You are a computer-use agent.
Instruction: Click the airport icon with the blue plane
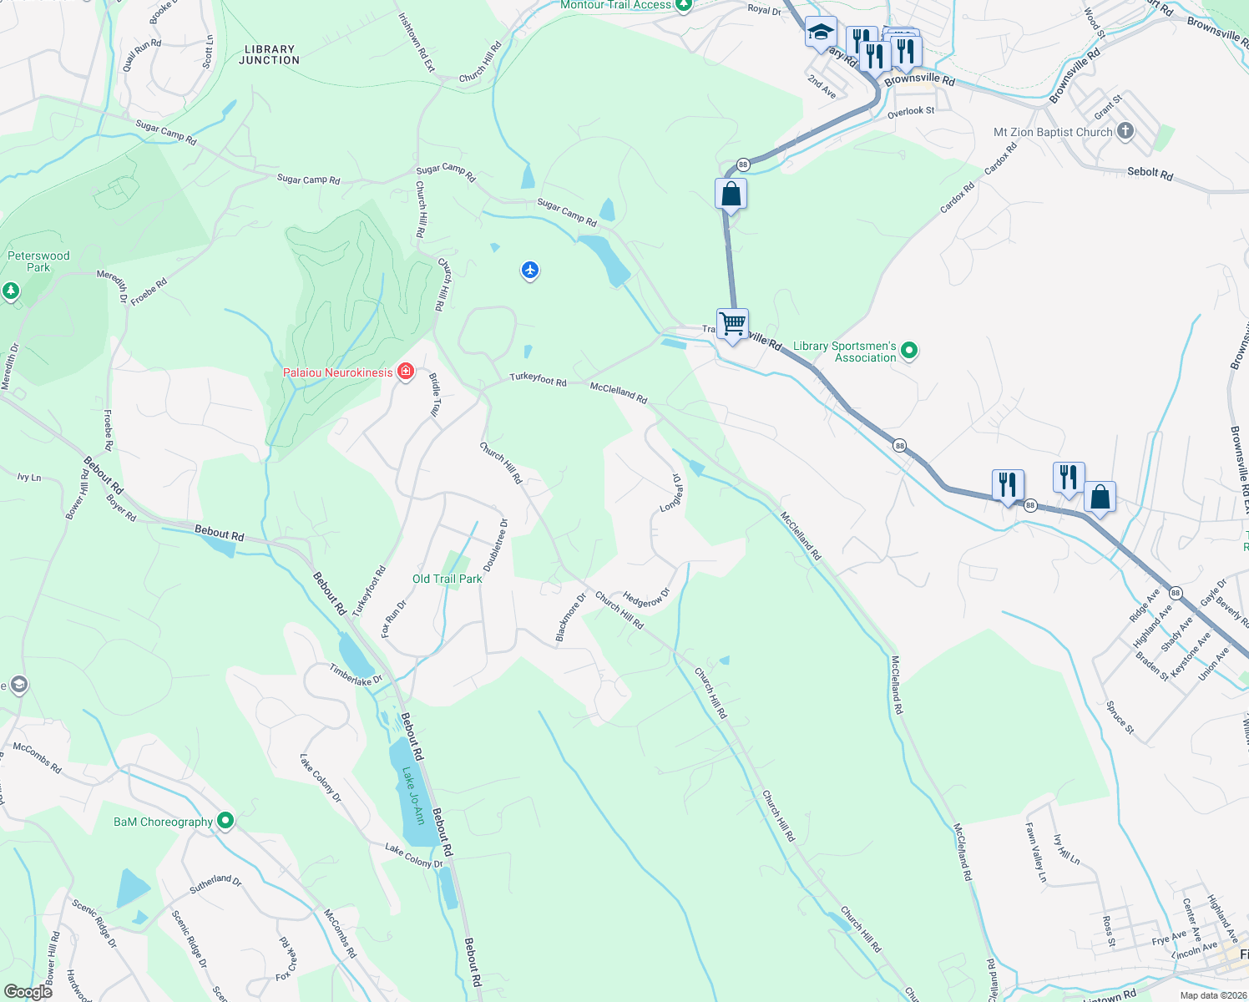coord(530,271)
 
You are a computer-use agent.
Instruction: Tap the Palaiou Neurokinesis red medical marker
coord(406,372)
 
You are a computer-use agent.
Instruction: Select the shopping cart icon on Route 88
coord(732,323)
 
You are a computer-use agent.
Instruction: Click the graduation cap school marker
coord(821,33)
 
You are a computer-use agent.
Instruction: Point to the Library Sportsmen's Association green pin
coord(909,352)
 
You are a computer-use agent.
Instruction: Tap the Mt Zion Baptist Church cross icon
coord(1125,131)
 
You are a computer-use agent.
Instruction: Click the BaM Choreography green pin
coord(225,821)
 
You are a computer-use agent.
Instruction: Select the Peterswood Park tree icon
coord(11,291)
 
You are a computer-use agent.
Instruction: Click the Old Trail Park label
coord(448,579)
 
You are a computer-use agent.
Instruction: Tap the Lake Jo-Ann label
coord(413,796)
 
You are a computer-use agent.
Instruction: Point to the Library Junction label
coord(269,55)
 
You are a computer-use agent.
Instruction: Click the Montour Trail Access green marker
coord(684,5)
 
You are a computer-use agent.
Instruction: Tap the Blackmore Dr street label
coord(571,619)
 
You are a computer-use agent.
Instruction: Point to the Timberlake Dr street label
coord(356,676)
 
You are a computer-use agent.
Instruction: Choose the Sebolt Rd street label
coord(1150,173)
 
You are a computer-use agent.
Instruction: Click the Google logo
coord(28,991)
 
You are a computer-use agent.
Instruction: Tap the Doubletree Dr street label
coord(496,545)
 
